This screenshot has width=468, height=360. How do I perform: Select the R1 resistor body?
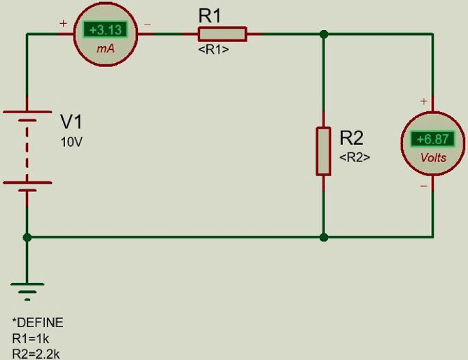221,33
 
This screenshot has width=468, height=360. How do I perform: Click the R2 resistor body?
323,150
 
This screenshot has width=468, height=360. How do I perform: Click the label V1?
72,122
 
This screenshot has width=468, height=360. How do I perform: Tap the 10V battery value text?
71,143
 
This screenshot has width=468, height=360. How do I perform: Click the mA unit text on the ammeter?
105,49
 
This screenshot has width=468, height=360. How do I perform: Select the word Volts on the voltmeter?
434,158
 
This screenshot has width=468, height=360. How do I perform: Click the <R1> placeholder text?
213,50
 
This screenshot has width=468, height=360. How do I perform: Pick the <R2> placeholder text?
355,156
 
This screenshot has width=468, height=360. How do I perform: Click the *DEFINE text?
38,322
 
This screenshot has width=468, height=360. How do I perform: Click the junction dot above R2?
324,33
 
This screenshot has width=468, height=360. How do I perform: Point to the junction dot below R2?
324,237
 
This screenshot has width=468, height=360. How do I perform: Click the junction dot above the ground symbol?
27,237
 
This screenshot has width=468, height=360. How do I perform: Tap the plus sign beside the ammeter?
64,23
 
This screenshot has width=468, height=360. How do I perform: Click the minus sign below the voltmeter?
424,184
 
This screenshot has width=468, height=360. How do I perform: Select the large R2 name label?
352,138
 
